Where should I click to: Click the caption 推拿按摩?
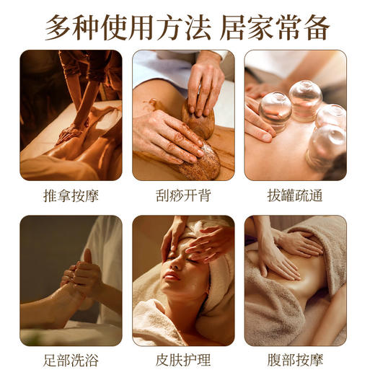(71, 195)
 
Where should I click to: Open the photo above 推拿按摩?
(71, 115)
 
